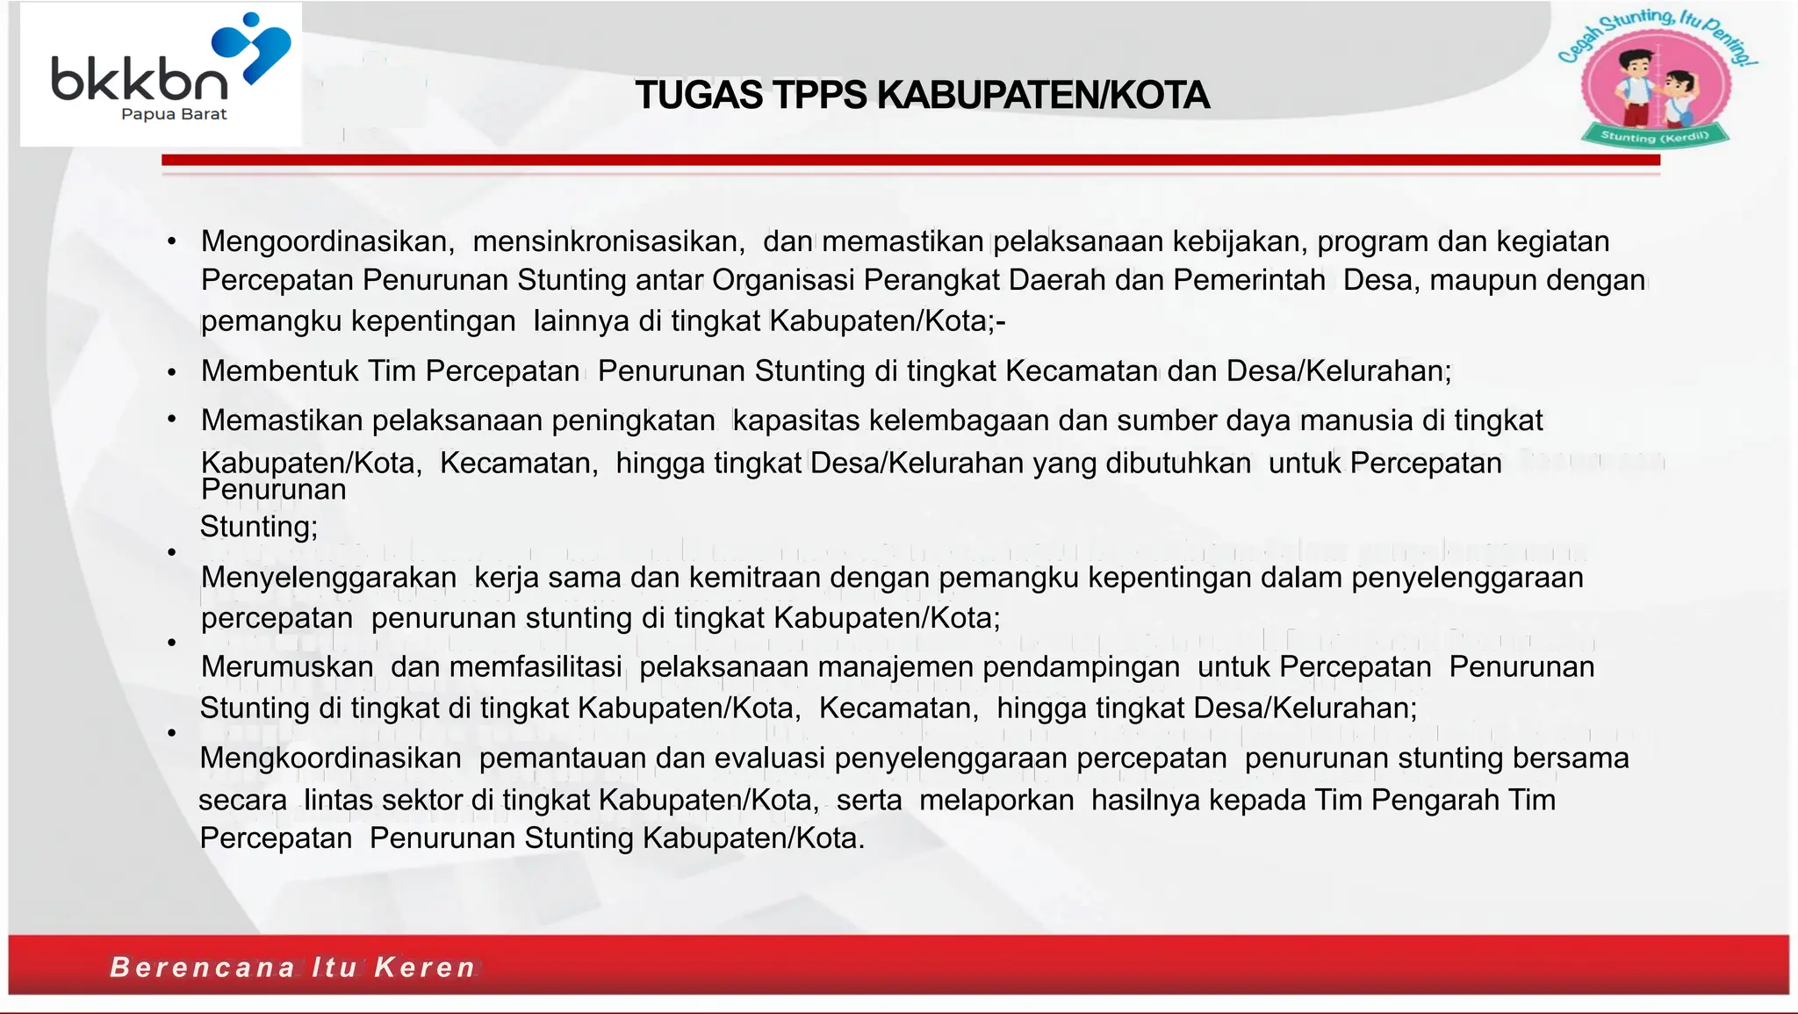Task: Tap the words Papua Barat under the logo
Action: (x=174, y=114)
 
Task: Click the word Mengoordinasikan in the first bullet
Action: (x=327, y=241)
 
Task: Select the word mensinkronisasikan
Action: (x=608, y=241)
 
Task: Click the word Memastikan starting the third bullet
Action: (x=282, y=421)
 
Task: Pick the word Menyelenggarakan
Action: (x=328, y=578)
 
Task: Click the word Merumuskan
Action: (x=287, y=667)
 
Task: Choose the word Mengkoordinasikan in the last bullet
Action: (x=330, y=759)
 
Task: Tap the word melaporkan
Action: (x=996, y=800)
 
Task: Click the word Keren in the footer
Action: (x=425, y=967)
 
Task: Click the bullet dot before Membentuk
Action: (x=172, y=372)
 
